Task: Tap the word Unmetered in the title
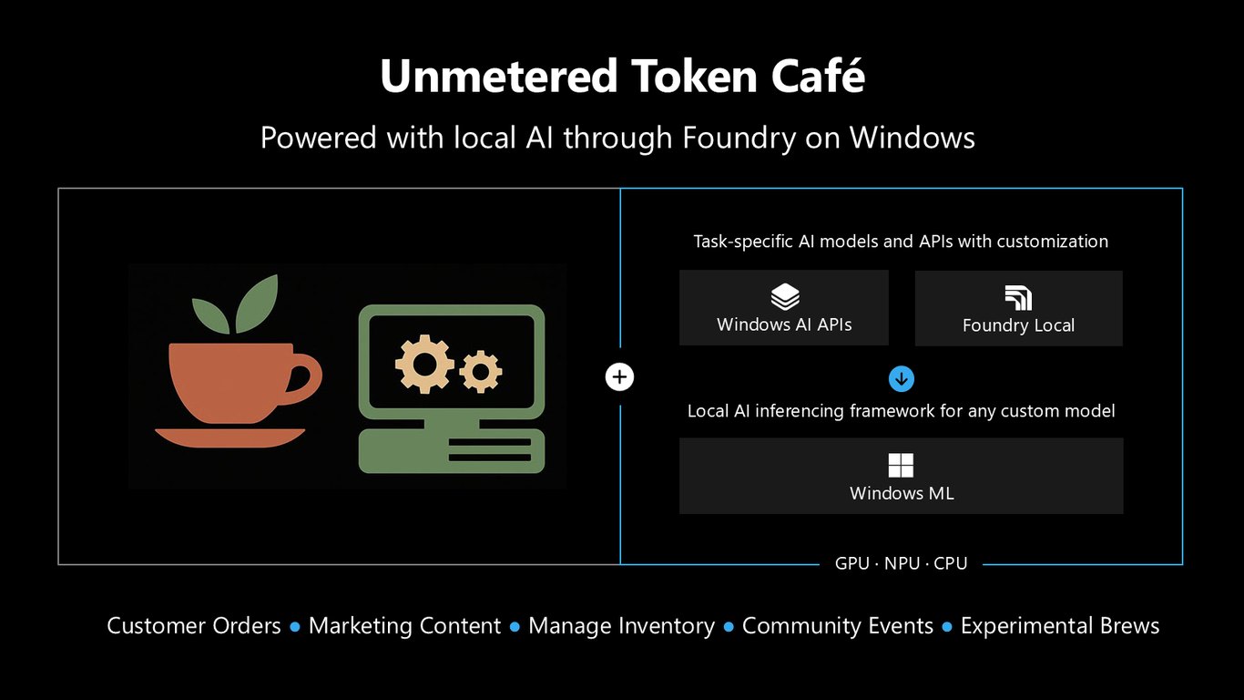tap(499, 77)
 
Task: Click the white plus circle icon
tap(619, 377)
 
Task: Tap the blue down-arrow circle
tap(902, 379)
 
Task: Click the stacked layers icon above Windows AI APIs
tap(785, 296)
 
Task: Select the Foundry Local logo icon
tap(1018, 298)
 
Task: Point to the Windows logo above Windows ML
tap(901, 466)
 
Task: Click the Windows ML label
tap(902, 493)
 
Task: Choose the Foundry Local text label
tap(1018, 325)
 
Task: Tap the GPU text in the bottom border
tap(852, 563)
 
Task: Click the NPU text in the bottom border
tap(902, 563)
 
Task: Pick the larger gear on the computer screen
tap(425, 365)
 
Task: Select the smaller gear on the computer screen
tap(480, 371)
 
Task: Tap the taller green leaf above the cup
tap(257, 304)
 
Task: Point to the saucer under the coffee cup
tap(229, 437)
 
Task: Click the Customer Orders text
tap(194, 626)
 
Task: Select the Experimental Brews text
tap(1060, 626)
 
